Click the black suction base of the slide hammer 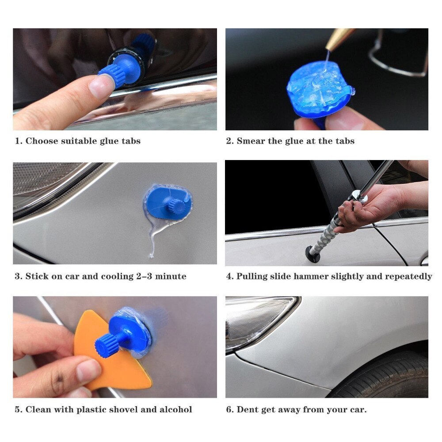point(312,254)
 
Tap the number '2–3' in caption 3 point(147,276)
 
